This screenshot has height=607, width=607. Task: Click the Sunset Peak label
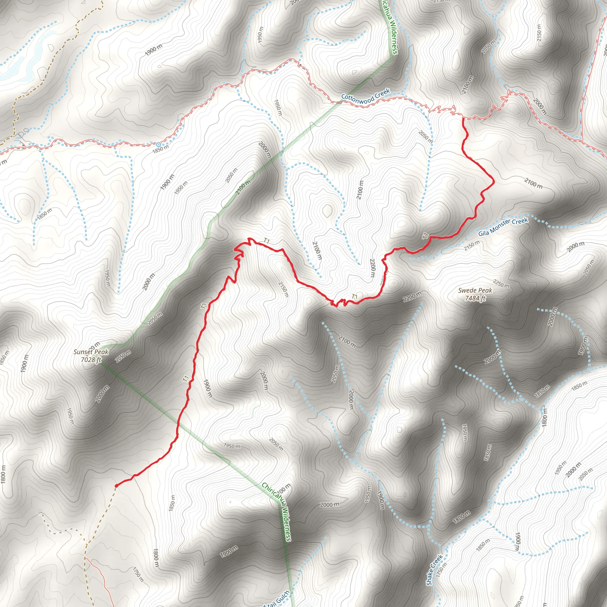pyautogui.click(x=91, y=352)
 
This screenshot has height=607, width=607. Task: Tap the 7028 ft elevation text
pyautogui.click(x=91, y=360)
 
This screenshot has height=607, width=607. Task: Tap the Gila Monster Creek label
pyautogui.click(x=503, y=227)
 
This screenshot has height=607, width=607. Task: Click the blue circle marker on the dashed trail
pyautogui.click(x=158, y=145)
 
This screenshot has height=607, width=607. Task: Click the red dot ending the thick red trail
pyautogui.click(x=116, y=486)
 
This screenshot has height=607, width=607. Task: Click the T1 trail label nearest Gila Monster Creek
pyautogui.click(x=426, y=236)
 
